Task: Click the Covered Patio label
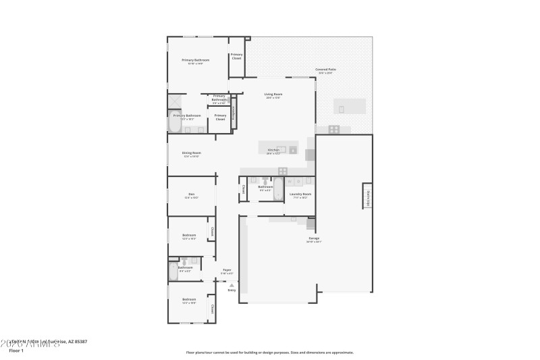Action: (325, 70)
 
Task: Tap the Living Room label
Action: (273, 95)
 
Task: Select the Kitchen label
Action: (273, 150)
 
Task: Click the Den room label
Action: (192, 196)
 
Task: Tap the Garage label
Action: (314, 239)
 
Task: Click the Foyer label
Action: (227, 271)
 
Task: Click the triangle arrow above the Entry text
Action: (232, 285)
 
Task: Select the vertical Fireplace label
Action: (234, 113)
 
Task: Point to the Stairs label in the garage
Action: (369, 196)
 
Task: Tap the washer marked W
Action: (290, 181)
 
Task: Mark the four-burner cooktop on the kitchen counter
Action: (283, 170)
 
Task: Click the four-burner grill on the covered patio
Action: (333, 128)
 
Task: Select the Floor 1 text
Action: (16, 351)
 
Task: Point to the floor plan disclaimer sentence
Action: (270, 352)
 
